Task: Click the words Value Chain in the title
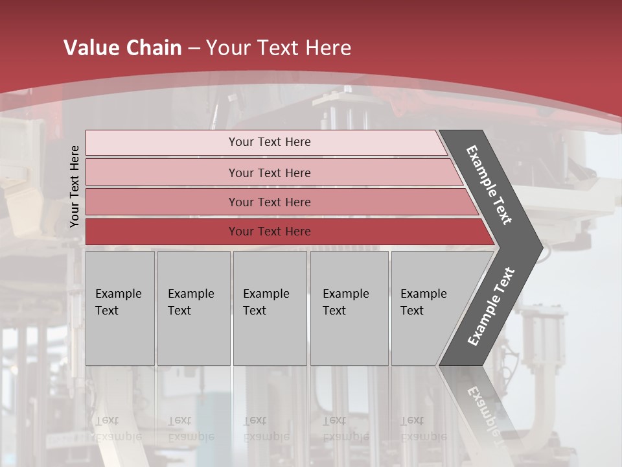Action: [122, 48]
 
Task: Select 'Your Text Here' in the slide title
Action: [279, 48]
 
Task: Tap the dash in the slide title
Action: [194, 49]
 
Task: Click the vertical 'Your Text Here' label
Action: [75, 186]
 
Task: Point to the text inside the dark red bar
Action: [270, 232]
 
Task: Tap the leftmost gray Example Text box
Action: [120, 308]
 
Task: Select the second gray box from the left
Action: [194, 308]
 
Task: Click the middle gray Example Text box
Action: [270, 308]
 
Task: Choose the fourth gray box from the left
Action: [349, 308]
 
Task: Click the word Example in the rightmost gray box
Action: [423, 294]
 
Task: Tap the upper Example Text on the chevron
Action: [489, 185]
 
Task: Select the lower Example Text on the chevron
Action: [490, 307]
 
